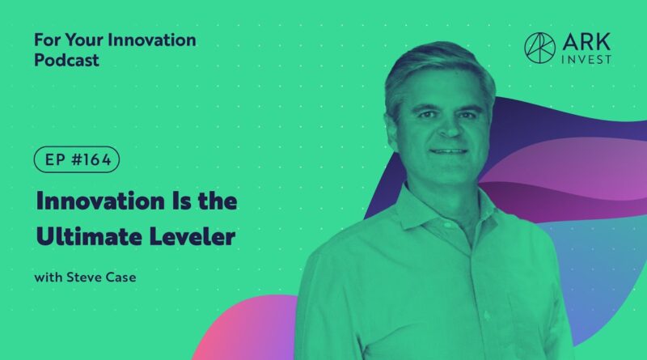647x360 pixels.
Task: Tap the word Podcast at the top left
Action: (x=66, y=61)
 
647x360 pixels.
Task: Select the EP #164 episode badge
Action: (x=77, y=159)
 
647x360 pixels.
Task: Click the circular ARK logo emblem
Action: (x=539, y=48)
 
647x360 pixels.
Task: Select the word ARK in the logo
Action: (x=586, y=42)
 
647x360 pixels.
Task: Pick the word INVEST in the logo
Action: (x=586, y=59)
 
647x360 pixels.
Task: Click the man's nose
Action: (x=449, y=127)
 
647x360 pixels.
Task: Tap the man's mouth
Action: (x=449, y=151)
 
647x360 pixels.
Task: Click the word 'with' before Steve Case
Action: (x=49, y=277)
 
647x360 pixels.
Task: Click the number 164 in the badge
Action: (x=95, y=159)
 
